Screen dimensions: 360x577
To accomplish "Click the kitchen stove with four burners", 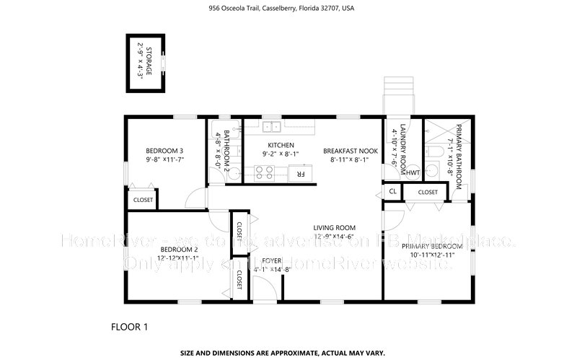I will tap(263, 172).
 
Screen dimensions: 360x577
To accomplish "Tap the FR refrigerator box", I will tap(297, 173).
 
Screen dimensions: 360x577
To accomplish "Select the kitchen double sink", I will tap(271, 128).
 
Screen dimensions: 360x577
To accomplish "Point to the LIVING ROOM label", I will tap(335, 228).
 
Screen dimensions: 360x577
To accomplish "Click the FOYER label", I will tap(271, 260).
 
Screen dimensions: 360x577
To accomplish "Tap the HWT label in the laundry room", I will tap(413, 173).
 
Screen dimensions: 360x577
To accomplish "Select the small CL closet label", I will tap(392, 192).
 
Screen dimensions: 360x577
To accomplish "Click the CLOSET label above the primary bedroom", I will tap(428, 193).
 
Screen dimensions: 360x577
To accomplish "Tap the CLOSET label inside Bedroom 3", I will tap(143, 200).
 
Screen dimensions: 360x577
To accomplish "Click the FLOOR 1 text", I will tap(129, 327).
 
